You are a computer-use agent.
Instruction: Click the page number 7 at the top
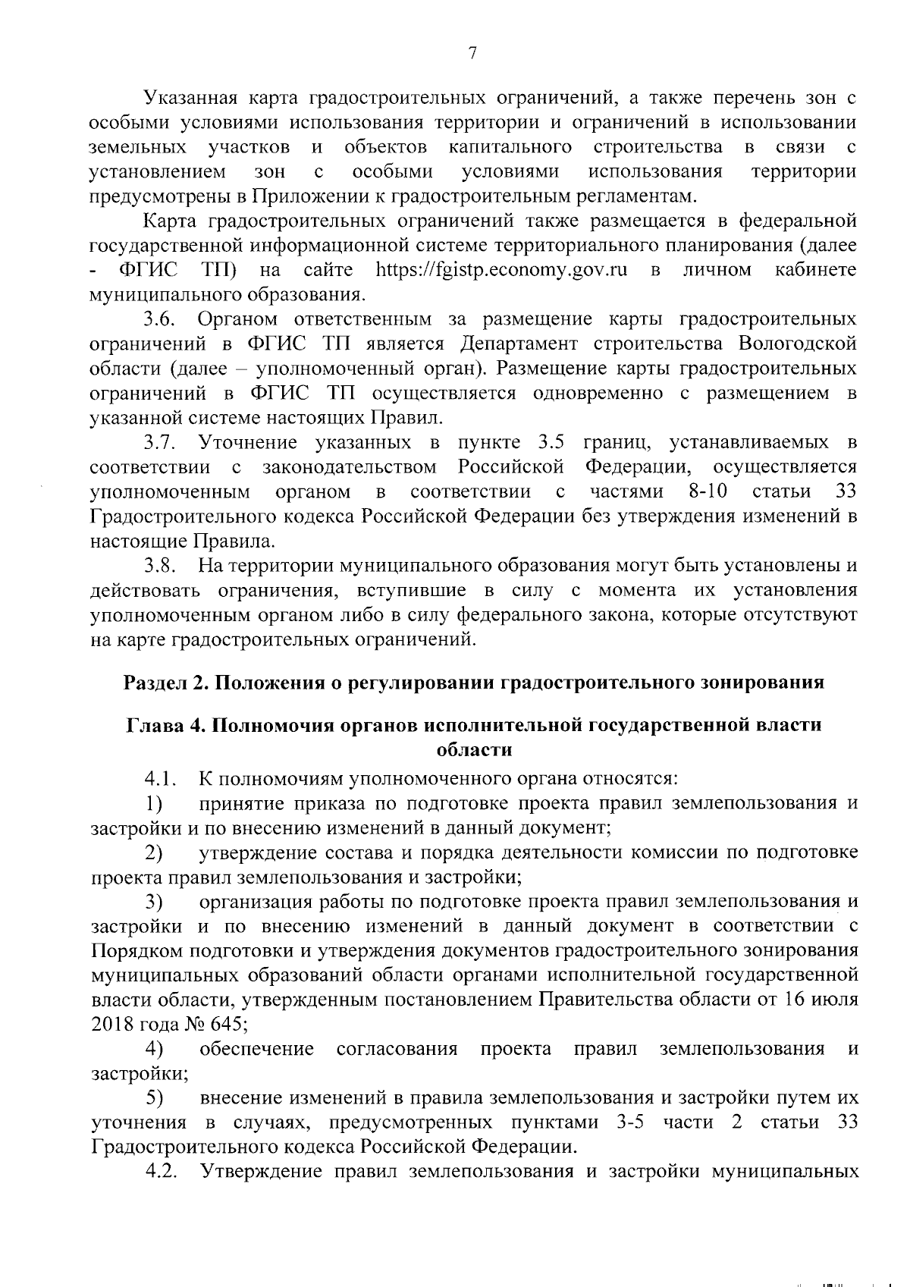pyautogui.click(x=472, y=53)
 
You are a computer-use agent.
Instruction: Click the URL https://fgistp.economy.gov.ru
pyautogui.click(x=501, y=270)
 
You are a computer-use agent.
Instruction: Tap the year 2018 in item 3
pyautogui.click(x=111, y=1024)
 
